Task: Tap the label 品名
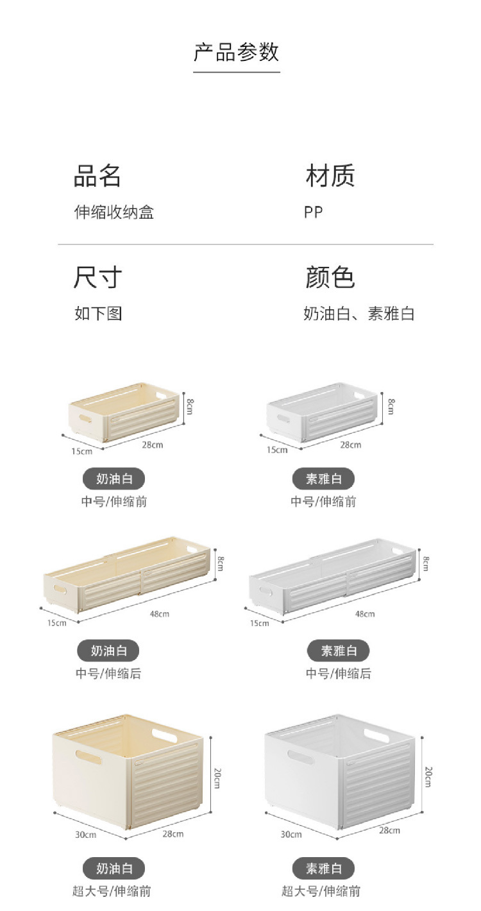(x=97, y=176)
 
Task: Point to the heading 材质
(x=330, y=176)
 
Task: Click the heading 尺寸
(x=97, y=277)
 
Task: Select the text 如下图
(x=98, y=314)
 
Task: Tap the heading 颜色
(x=330, y=277)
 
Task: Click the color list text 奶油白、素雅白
(x=359, y=314)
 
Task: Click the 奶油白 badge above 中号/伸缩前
(x=114, y=479)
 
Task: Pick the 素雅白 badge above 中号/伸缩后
(x=339, y=651)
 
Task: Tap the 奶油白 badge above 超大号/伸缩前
(x=114, y=869)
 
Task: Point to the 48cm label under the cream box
(x=159, y=614)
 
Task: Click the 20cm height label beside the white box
(x=428, y=777)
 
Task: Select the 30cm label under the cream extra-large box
(x=85, y=835)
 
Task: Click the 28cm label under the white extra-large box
(x=389, y=830)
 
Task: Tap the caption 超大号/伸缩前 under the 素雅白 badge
(x=321, y=891)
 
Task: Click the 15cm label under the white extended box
(x=260, y=623)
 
